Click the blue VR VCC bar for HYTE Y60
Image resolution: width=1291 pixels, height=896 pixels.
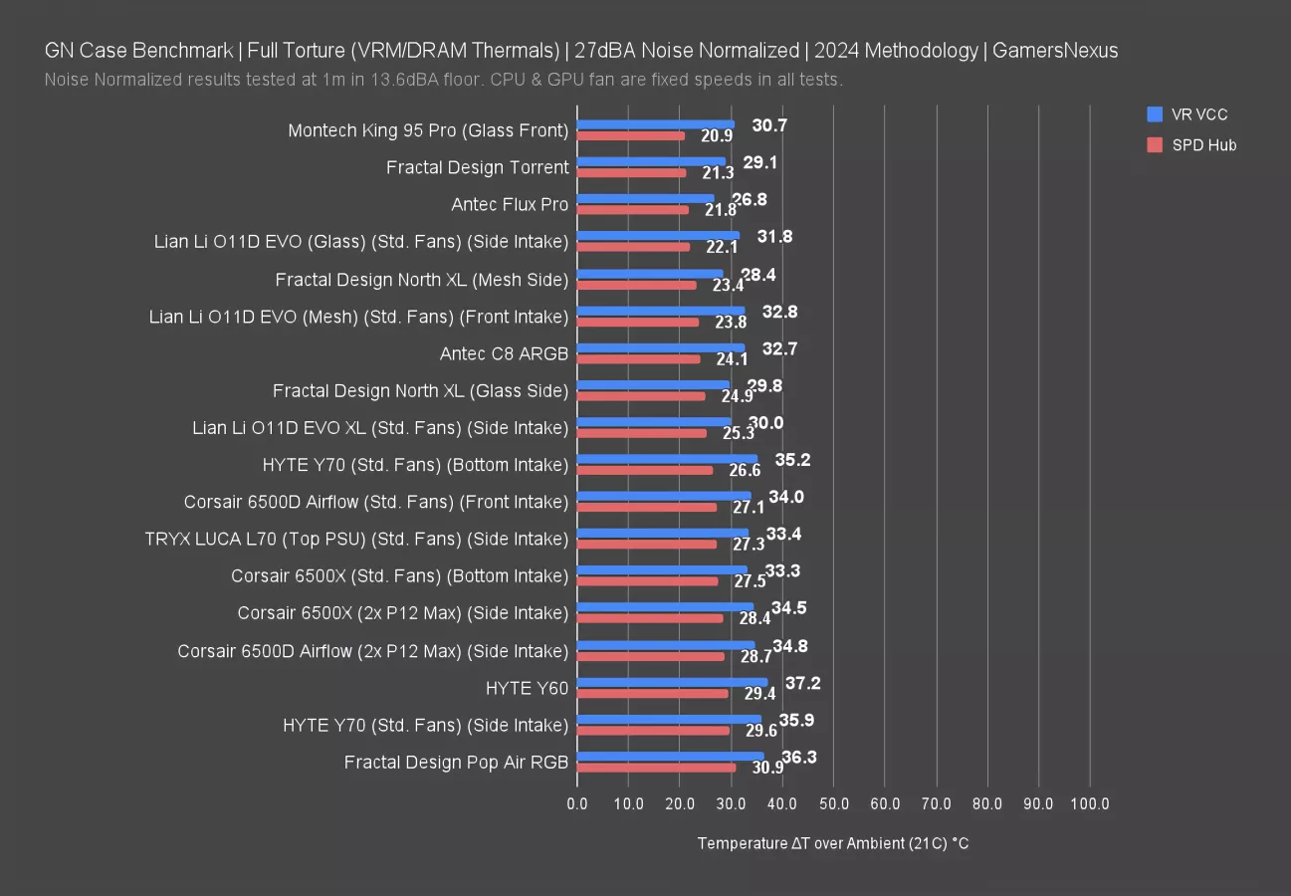pyautogui.click(x=672, y=683)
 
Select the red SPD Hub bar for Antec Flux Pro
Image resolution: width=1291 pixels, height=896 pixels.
pyautogui.click(x=632, y=209)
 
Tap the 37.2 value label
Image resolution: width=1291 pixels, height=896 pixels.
pyautogui.click(x=803, y=683)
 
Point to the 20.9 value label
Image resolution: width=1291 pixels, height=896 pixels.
pyautogui.click(x=718, y=135)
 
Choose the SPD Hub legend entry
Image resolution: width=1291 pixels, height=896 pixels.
pyautogui.click(x=1191, y=145)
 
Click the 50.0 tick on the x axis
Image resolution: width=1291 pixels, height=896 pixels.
pyautogui.click(x=833, y=803)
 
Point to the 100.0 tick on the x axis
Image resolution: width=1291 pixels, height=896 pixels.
pyautogui.click(x=1090, y=803)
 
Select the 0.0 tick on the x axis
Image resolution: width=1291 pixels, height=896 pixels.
pyautogui.click(x=577, y=803)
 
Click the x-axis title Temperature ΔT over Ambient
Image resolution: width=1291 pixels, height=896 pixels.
pyautogui.click(x=833, y=843)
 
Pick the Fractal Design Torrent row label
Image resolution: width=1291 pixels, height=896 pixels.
pyautogui.click(x=478, y=167)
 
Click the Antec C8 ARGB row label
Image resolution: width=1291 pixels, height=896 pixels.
pyautogui.click(x=504, y=353)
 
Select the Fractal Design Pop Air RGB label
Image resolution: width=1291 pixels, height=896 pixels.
pyautogui.click(x=456, y=763)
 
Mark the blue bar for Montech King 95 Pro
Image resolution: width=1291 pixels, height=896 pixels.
pyautogui.click(x=655, y=125)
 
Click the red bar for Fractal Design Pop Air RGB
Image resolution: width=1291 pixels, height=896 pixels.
pyautogui.click(x=656, y=768)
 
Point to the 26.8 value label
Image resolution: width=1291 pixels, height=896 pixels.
pyautogui.click(x=750, y=199)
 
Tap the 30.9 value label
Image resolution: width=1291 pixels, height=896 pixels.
pyautogui.click(x=767, y=768)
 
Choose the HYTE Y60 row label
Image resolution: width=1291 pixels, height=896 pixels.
pyautogui.click(x=527, y=687)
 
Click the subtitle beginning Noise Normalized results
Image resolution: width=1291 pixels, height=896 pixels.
pyautogui.click(x=444, y=80)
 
